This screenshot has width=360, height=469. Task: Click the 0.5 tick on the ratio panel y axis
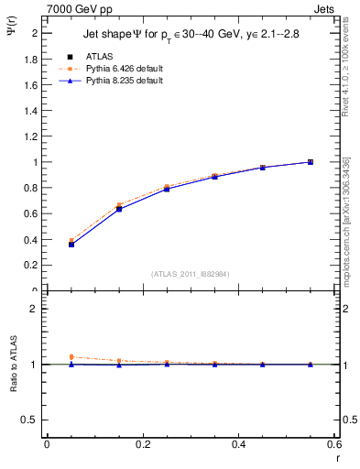tap(30, 420)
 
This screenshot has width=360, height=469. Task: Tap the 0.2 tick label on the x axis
tap(142, 445)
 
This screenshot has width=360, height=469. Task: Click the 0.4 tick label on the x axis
tap(238, 445)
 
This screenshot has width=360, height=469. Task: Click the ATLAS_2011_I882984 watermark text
tap(191, 273)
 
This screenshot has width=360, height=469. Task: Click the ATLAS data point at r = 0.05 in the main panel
tap(71, 245)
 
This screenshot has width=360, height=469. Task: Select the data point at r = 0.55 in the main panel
tap(311, 162)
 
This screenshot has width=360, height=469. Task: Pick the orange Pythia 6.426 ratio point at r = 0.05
tap(71, 357)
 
